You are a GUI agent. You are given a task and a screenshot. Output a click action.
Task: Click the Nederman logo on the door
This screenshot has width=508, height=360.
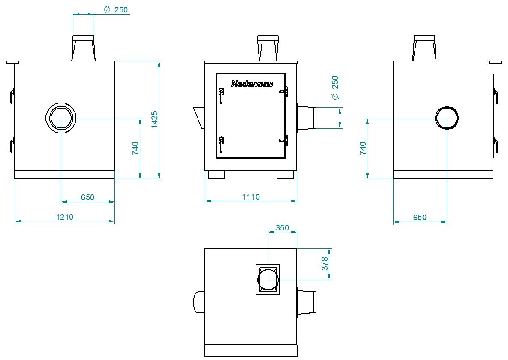252,84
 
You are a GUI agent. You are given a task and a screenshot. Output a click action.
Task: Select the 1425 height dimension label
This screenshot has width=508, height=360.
154,120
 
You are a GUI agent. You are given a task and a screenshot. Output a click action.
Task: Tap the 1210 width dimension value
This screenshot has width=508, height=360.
65,217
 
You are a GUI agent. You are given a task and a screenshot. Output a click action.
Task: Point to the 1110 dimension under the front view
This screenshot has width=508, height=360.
251,197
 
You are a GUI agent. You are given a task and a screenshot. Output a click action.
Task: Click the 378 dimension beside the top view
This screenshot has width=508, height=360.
325,264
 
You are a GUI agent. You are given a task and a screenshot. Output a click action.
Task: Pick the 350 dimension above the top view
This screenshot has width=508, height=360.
282,228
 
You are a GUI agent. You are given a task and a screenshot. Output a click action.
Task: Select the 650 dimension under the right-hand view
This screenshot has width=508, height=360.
420,217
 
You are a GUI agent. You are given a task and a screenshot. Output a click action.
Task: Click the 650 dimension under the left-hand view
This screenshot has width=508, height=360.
87,197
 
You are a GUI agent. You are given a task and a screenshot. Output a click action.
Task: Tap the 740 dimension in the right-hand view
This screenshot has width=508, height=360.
363,148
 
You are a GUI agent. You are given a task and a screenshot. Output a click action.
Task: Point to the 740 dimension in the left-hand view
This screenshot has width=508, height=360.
135,148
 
